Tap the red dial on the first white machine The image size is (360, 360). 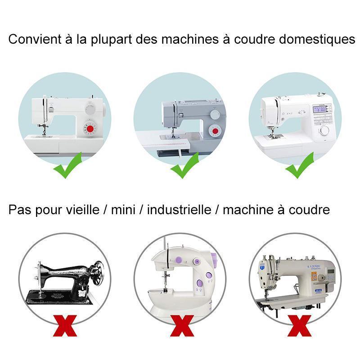pos(91,130)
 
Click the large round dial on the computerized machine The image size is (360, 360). pos(324,130)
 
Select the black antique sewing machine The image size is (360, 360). pos(67,279)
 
